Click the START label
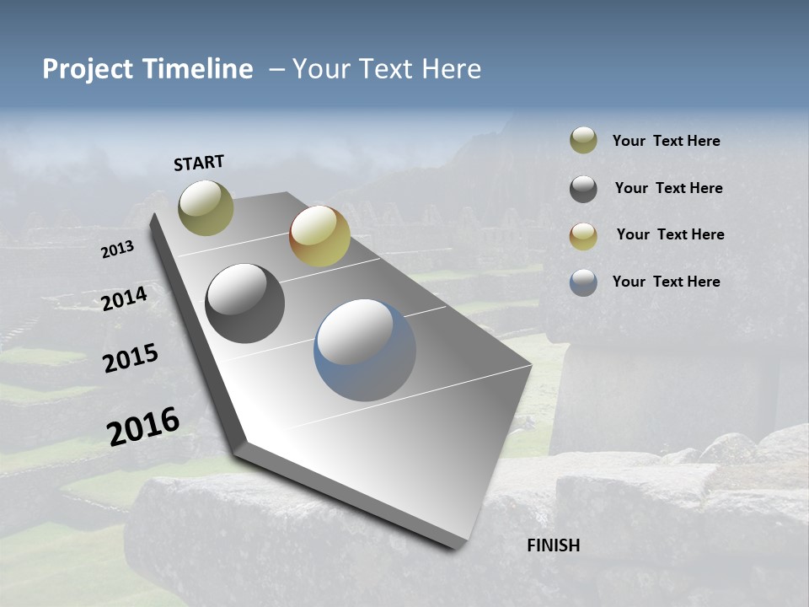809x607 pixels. tap(199, 163)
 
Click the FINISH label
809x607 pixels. tap(554, 545)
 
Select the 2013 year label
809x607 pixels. tap(118, 250)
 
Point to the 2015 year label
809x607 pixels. tap(131, 358)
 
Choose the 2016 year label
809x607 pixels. tap(143, 427)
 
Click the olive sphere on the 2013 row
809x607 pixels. tap(206, 207)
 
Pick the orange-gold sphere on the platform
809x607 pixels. tap(319, 236)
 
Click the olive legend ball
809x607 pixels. tap(583, 141)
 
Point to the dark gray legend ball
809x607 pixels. tap(583, 189)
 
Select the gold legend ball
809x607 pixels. tap(583, 236)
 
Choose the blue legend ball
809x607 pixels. tap(583, 282)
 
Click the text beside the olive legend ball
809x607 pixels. tap(666, 142)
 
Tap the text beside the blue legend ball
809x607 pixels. tap(666, 282)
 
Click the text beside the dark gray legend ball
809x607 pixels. tap(668, 188)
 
